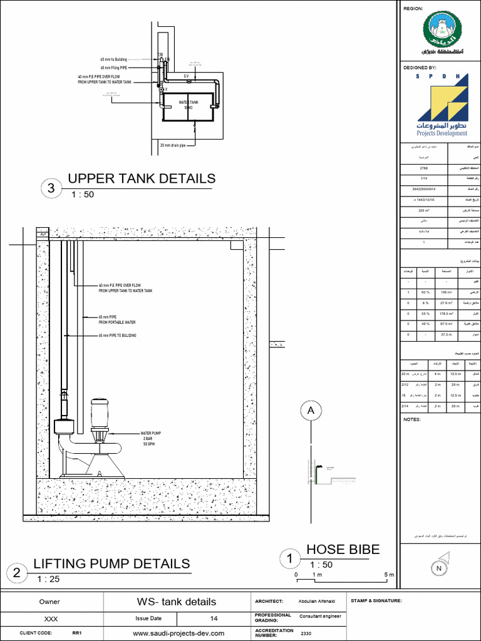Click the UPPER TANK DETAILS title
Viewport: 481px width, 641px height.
point(141,178)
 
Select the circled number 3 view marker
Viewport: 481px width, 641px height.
point(51,188)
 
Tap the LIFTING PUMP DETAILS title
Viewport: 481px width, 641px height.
point(111,563)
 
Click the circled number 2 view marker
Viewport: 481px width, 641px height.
point(17,573)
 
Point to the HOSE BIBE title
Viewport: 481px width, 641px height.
point(343,550)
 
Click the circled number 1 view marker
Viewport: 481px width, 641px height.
point(289,558)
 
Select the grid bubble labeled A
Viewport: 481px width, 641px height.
point(309,411)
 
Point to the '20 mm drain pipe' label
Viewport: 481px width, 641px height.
point(173,145)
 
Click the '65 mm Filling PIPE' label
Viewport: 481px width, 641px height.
point(115,68)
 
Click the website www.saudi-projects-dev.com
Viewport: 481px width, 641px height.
point(178,633)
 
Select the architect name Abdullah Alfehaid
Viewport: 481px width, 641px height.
point(320,602)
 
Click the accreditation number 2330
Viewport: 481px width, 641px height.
point(306,633)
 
